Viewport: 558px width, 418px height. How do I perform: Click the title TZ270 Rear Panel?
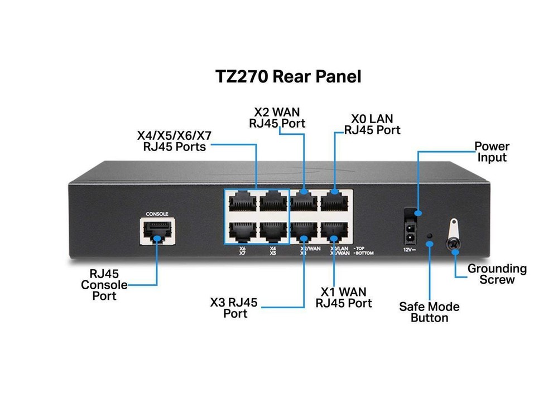pyautogui.click(x=288, y=76)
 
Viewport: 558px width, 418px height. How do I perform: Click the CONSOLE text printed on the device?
pyautogui.click(x=157, y=213)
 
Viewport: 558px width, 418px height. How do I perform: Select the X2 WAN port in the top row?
pyautogui.click(x=304, y=200)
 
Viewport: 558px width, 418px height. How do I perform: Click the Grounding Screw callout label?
pyautogui.click(x=497, y=274)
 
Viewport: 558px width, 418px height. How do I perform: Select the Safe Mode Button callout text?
pyautogui.click(x=429, y=312)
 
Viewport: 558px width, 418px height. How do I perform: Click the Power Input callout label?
pyautogui.click(x=492, y=152)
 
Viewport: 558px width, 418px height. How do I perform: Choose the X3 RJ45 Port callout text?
pyautogui.click(x=234, y=308)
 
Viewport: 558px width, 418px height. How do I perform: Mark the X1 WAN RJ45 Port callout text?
pyautogui.click(x=344, y=298)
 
